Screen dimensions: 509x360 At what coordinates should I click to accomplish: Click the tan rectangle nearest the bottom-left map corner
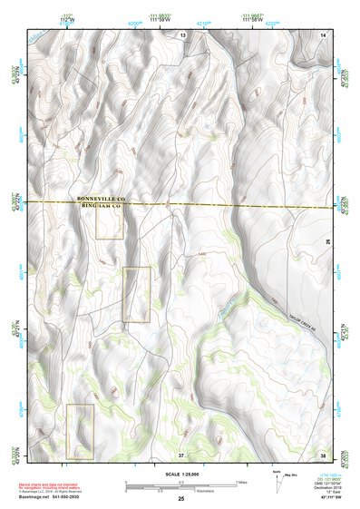coord(80,430)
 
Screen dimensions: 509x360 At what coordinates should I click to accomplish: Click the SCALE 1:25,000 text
coord(180,473)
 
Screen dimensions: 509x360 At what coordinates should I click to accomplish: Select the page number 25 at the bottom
coord(180,500)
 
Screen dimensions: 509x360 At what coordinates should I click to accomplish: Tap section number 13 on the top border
coord(182,34)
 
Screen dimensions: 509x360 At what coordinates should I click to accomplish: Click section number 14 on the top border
coord(324,34)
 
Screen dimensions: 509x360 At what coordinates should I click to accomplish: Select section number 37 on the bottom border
coord(181,454)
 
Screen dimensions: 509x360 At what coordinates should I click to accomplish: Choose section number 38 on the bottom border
coord(324,454)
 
